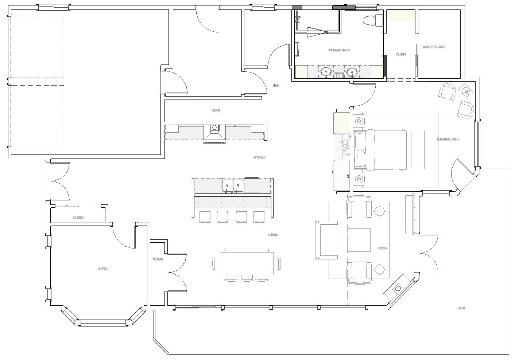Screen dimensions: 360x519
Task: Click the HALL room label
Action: [x=276, y=86]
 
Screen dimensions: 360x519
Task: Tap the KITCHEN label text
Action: [x=259, y=157]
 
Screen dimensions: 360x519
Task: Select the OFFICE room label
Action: [x=103, y=269]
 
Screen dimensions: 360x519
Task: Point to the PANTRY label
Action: [x=158, y=259]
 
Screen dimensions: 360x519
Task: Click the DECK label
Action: [x=461, y=308]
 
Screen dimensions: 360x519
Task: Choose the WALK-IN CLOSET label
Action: [x=434, y=47]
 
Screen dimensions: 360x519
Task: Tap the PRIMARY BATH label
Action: [x=339, y=50]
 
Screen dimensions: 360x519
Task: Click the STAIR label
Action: [x=216, y=110]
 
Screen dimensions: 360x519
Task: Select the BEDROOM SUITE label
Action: [x=448, y=139]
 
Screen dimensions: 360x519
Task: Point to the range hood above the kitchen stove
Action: [x=214, y=137]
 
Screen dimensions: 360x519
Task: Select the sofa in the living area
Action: [x=327, y=239]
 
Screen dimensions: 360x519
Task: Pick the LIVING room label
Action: [x=382, y=248]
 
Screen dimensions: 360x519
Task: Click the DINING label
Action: [x=273, y=235]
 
